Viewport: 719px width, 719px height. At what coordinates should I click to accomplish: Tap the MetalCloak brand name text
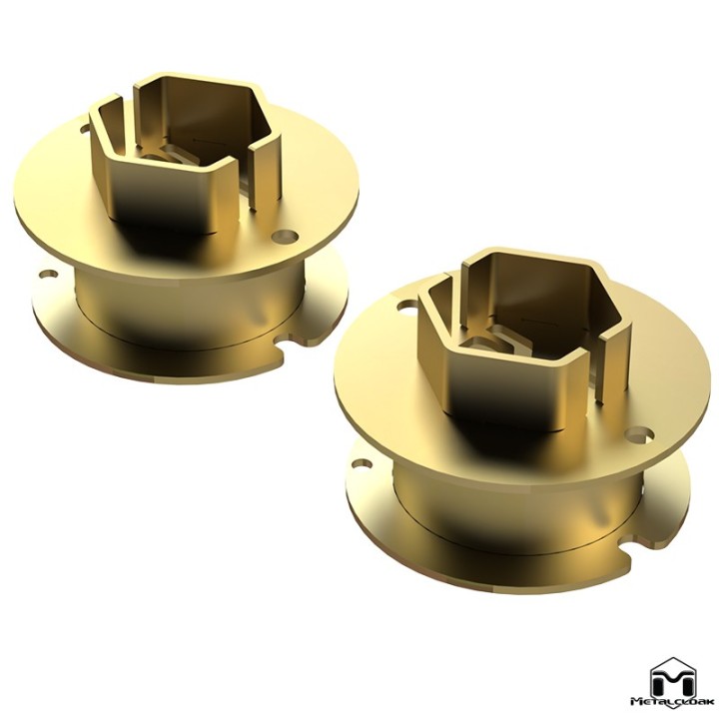point(673,713)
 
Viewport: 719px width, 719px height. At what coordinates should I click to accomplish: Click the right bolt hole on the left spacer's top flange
point(285,237)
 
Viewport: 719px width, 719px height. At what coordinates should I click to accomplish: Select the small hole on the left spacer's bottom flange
point(48,276)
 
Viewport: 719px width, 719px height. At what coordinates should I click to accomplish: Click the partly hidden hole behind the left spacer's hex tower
point(84,129)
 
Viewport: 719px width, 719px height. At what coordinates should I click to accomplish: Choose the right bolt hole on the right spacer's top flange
point(640,434)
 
